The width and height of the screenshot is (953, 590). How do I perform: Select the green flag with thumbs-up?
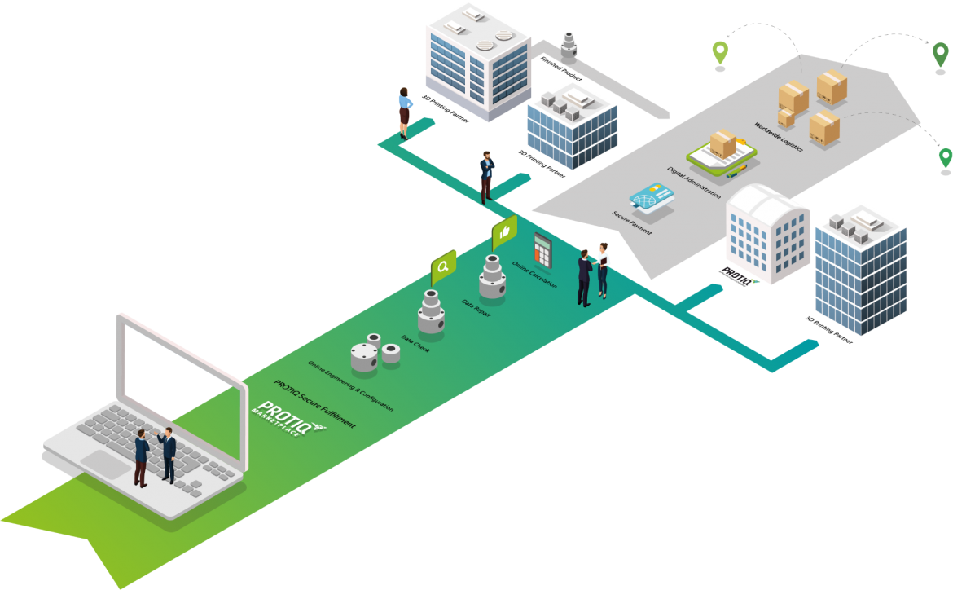pyautogui.click(x=504, y=232)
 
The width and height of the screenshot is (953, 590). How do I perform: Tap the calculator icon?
pyautogui.click(x=543, y=249)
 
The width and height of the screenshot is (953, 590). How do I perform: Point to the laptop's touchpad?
pyautogui.click(x=105, y=464)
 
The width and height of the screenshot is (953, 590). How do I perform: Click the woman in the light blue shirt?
pyautogui.click(x=405, y=111)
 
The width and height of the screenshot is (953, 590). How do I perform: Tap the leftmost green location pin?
pyautogui.click(x=719, y=53)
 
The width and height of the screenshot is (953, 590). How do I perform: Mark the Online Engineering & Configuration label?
pyautogui.click(x=350, y=385)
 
